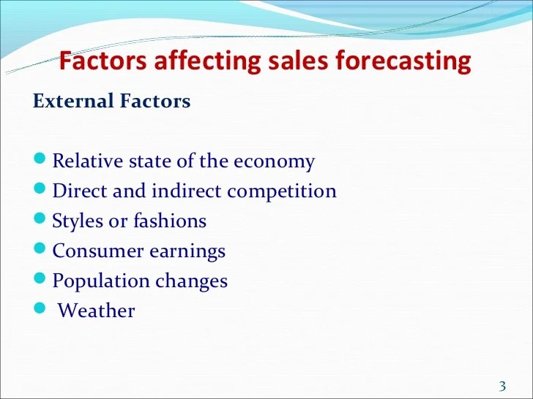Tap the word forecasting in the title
pyautogui.click(x=403, y=62)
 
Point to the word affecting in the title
pyautogui.click(x=207, y=62)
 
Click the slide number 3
pyautogui.click(x=502, y=386)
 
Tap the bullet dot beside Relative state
pyautogui.click(x=40, y=158)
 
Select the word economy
pyautogui.click(x=274, y=162)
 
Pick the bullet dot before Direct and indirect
pyautogui.click(x=40, y=188)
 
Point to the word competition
pyautogui.click(x=282, y=191)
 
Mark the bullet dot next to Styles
pyautogui.click(x=40, y=218)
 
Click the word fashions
pyautogui.click(x=170, y=221)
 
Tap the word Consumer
pyautogui.click(x=98, y=251)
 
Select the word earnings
pyautogui.click(x=187, y=252)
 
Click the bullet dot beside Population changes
pyautogui.click(x=40, y=278)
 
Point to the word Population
pyautogui.click(x=101, y=282)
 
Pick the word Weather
pyautogui.click(x=96, y=311)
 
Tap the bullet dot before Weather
pyautogui.click(x=40, y=308)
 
